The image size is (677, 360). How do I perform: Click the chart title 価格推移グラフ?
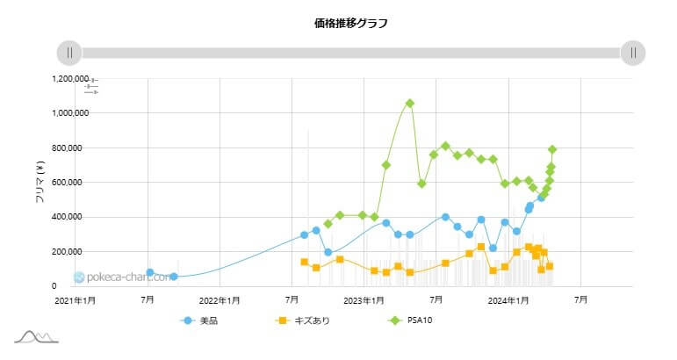338,24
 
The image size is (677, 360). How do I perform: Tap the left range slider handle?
69,53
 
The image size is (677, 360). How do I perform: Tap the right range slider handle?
633,53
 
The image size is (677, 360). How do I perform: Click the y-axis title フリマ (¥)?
40,183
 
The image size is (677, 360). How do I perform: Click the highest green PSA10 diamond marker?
410,104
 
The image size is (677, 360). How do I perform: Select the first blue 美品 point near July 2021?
150,273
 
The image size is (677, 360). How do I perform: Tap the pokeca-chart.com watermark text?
114,277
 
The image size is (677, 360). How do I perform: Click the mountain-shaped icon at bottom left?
36,336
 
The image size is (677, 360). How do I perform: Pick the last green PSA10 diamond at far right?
552,150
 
